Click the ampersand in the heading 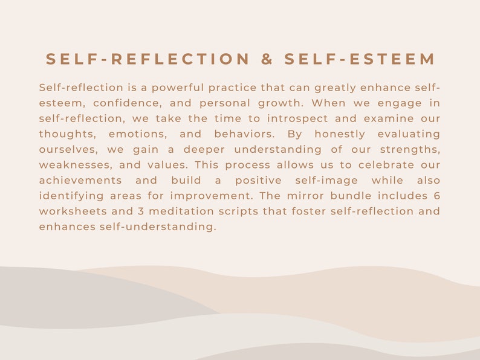[267, 59]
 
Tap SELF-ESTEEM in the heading [360, 59]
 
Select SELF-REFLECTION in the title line [148, 59]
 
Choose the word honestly [331, 134]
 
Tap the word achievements [80, 181]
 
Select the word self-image [326, 181]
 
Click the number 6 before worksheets [436, 196]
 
